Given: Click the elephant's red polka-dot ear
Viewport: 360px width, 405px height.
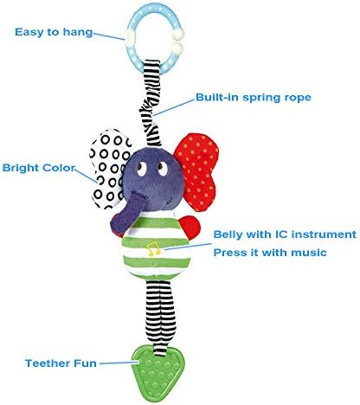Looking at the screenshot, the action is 197,170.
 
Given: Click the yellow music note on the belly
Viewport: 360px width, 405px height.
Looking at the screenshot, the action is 153,248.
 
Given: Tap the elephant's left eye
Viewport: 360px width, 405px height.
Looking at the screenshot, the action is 142,169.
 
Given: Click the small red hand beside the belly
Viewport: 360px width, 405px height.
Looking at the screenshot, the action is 190,228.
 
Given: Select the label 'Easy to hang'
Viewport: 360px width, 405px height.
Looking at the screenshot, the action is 54,32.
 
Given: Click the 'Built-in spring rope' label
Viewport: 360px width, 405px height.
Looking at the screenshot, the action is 254,98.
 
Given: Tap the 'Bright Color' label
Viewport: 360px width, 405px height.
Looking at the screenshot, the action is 39,168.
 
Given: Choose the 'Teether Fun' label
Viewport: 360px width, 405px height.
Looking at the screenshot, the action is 61,363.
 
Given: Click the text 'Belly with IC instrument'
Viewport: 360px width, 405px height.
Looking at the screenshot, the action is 285,235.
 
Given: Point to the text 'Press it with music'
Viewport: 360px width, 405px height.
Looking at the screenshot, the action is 270,253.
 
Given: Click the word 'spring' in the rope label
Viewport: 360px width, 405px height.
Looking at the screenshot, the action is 262,98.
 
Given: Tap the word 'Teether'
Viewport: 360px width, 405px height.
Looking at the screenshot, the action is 48,363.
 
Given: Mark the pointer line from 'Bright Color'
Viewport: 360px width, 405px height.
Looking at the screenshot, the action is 87,176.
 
